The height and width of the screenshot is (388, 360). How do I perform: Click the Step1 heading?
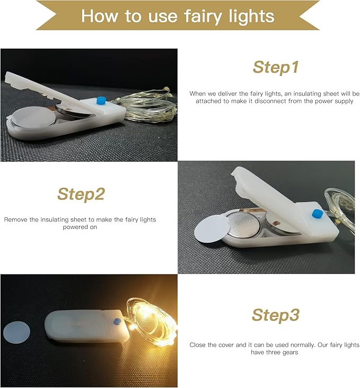276,67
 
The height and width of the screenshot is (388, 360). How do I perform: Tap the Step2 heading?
81,194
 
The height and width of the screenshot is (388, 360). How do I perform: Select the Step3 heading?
276,315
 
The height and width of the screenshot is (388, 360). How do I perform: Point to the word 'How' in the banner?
100,16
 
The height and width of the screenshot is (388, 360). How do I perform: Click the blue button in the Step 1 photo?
101,101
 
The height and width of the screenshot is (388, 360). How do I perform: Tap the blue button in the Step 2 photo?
317,213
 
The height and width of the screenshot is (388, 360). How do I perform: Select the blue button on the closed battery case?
117,321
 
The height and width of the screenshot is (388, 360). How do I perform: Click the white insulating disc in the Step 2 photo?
212,228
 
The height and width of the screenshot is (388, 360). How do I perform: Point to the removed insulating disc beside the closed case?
16,332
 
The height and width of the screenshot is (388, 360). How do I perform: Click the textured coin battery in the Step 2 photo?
243,224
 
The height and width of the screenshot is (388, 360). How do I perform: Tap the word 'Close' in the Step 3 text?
198,345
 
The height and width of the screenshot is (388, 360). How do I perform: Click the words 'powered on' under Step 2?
80,227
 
